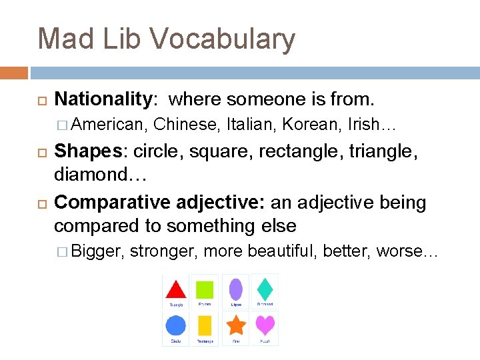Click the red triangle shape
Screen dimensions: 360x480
click(x=175, y=289)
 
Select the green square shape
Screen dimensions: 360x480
click(x=205, y=289)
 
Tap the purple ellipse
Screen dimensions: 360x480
click(x=235, y=289)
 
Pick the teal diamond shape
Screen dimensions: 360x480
click(x=265, y=289)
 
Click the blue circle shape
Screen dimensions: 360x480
click(x=175, y=325)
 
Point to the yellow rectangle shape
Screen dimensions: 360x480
click(x=205, y=325)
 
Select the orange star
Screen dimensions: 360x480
click(x=235, y=325)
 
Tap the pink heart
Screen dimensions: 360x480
click(x=265, y=325)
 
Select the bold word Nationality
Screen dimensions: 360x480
click(x=103, y=99)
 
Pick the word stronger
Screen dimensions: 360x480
click(x=163, y=251)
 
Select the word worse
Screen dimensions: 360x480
click(x=399, y=251)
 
